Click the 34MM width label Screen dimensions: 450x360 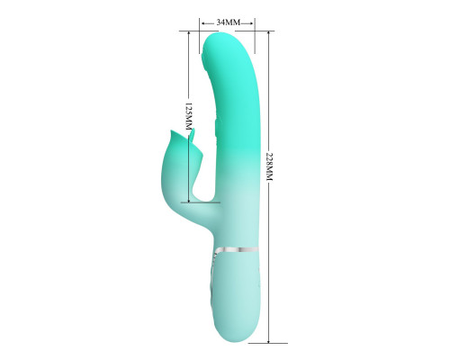tap(229, 22)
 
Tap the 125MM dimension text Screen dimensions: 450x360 tap(188, 116)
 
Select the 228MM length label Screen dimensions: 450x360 tap(269, 166)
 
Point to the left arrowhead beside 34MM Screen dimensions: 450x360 tap(203, 22)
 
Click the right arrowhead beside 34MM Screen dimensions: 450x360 tap(252, 22)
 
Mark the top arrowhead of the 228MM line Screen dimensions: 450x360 tap(268, 33)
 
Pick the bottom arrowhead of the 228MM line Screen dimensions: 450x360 tap(268, 340)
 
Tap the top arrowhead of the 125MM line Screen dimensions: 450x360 tap(189, 33)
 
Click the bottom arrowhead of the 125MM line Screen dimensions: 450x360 tap(189, 200)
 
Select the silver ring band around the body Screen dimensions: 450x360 tap(237, 250)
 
